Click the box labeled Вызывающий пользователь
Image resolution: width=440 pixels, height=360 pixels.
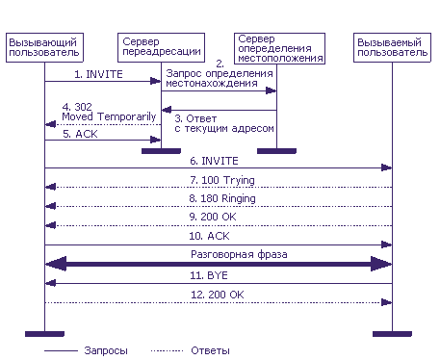point(44,47)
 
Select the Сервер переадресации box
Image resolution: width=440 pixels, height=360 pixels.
point(161,47)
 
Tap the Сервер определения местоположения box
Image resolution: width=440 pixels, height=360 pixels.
point(279,48)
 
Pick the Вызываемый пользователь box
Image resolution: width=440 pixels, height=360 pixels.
point(392,47)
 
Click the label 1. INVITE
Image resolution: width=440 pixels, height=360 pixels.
point(98,74)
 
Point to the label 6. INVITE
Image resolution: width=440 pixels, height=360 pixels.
point(214,161)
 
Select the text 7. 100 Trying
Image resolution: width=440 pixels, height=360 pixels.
point(222,180)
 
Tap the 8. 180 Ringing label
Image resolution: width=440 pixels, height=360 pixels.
point(222,199)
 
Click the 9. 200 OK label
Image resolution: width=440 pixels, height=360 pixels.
point(213,217)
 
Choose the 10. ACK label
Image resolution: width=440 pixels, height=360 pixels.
point(209,236)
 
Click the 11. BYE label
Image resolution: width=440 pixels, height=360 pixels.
point(209,275)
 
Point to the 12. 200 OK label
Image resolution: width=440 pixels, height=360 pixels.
point(218,295)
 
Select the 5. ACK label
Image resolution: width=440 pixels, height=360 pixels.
point(80,134)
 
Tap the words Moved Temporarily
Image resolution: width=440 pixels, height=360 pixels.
point(109,116)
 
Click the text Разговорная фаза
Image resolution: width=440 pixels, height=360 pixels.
point(239,255)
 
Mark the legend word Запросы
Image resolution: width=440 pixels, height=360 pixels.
point(106,350)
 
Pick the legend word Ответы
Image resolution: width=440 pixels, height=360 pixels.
point(210,350)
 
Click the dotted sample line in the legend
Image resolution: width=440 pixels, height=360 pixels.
point(167,351)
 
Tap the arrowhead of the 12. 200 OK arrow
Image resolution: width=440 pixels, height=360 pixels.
point(386,302)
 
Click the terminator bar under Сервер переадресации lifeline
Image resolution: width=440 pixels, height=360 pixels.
point(161,151)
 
